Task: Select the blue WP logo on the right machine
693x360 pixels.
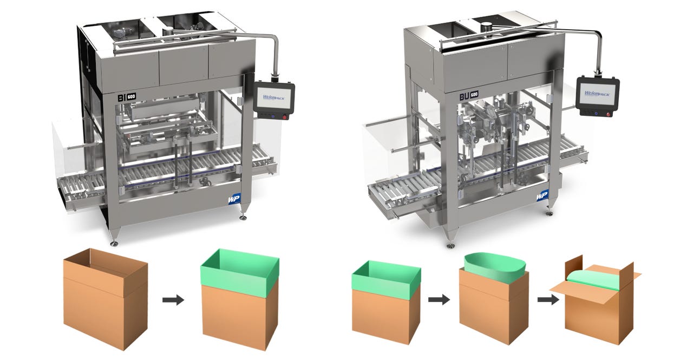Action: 541,195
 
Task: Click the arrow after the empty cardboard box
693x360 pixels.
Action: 173,300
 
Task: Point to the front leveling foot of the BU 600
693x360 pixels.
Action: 450,244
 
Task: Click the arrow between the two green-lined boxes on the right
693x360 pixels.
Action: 439,299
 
